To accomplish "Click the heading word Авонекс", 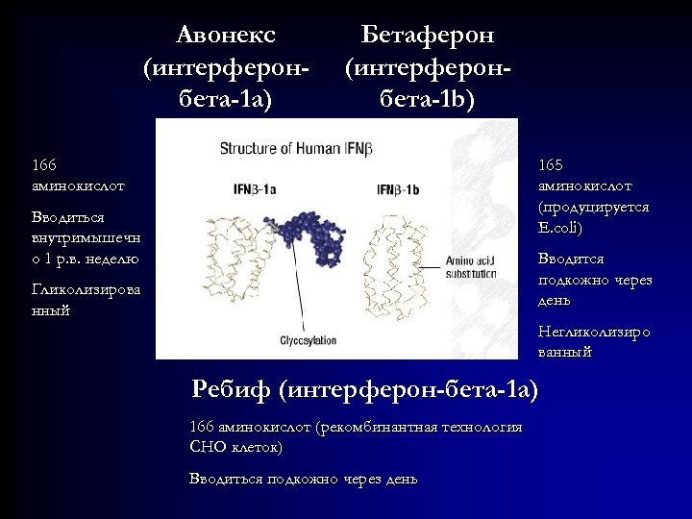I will (226, 36).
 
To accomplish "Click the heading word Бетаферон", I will (428, 36).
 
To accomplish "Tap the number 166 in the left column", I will (44, 164).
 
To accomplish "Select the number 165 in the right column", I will (553, 164).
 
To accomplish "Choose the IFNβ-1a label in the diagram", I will (255, 189).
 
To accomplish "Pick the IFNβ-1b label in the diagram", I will (398, 189).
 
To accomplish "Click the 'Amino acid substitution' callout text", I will (471, 267).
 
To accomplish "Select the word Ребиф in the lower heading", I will (232, 389).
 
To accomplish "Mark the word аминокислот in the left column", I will (78, 185).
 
